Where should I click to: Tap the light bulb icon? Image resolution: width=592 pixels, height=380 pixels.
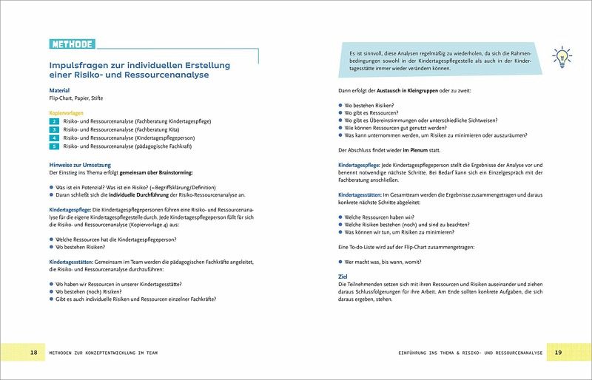pyautogui.click(x=560, y=57)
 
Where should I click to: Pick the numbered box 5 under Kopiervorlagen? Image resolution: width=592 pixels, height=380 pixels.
pyautogui.click(x=53, y=146)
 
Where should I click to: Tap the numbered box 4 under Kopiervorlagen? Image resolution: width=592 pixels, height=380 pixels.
pyautogui.click(x=53, y=138)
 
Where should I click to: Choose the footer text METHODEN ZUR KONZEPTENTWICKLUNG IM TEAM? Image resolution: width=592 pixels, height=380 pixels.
pyautogui.click(x=104, y=353)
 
